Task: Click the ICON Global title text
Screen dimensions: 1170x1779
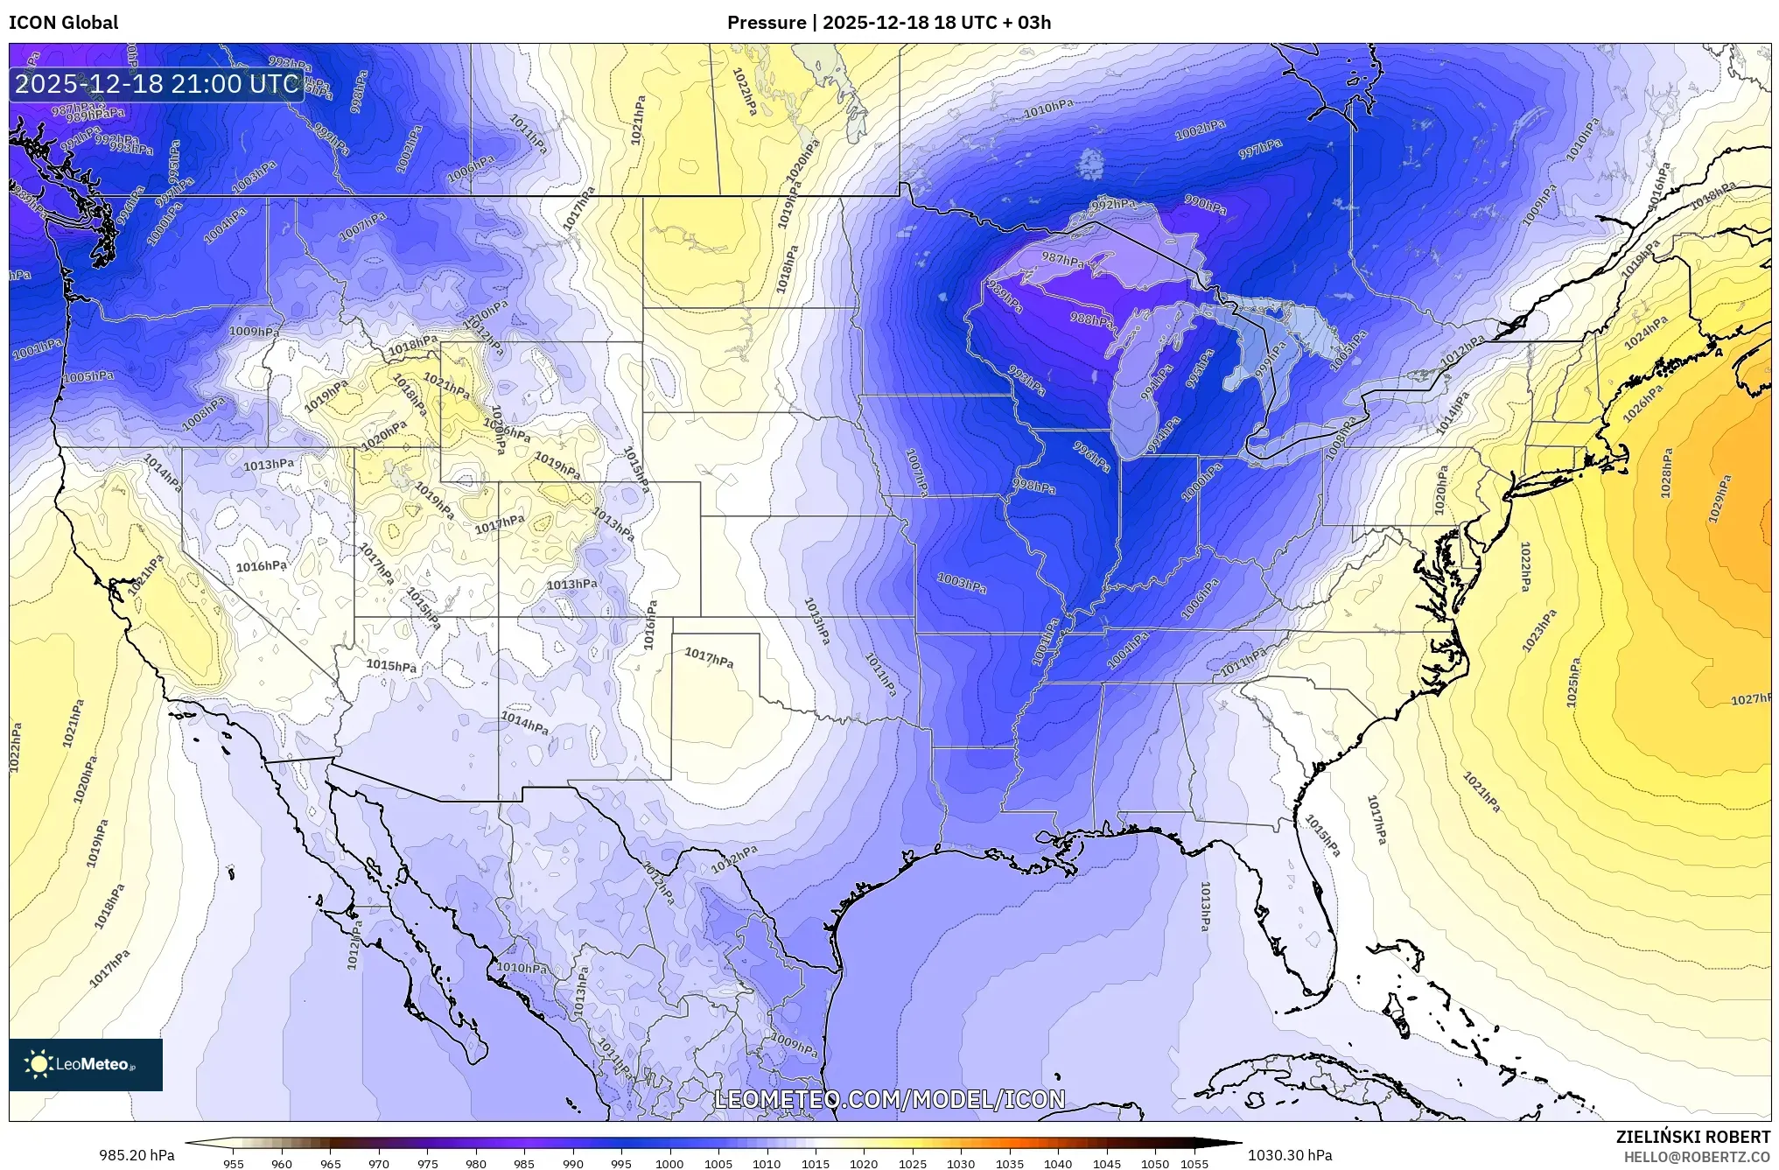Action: [x=63, y=22]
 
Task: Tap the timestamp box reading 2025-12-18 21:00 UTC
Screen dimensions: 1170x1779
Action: [x=158, y=84]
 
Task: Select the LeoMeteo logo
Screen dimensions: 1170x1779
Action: [x=85, y=1064]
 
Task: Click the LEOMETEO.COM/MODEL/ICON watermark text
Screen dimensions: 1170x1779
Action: [x=890, y=1099]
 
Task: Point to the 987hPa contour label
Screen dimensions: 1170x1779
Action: [x=1062, y=259]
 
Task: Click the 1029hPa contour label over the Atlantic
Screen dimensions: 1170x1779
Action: [x=1719, y=499]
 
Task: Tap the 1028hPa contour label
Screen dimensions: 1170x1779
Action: [x=1666, y=473]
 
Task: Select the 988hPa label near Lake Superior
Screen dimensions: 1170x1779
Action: [x=1091, y=319]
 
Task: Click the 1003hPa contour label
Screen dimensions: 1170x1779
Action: [x=962, y=583]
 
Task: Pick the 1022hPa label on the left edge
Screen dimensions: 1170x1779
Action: [x=15, y=747]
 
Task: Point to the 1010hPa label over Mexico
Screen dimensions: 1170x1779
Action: [x=522, y=968]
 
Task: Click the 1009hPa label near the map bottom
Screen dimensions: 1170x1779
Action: [x=794, y=1043]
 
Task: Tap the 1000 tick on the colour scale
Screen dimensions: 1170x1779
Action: [x=669, y=1164]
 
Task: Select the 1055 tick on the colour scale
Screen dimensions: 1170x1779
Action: [x=1194, y=1164]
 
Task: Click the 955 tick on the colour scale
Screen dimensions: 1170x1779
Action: [x=233, y=1164]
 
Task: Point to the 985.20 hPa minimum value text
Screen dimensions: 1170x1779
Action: [x=137, y=1155]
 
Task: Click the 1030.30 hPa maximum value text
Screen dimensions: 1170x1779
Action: [x=1290, y=1155]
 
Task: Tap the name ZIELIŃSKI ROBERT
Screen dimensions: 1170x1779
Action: [x=1692, y=1137]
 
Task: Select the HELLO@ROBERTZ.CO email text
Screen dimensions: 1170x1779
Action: [x=1697, y=1157]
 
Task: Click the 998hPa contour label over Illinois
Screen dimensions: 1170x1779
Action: [x=1034, y=486]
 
